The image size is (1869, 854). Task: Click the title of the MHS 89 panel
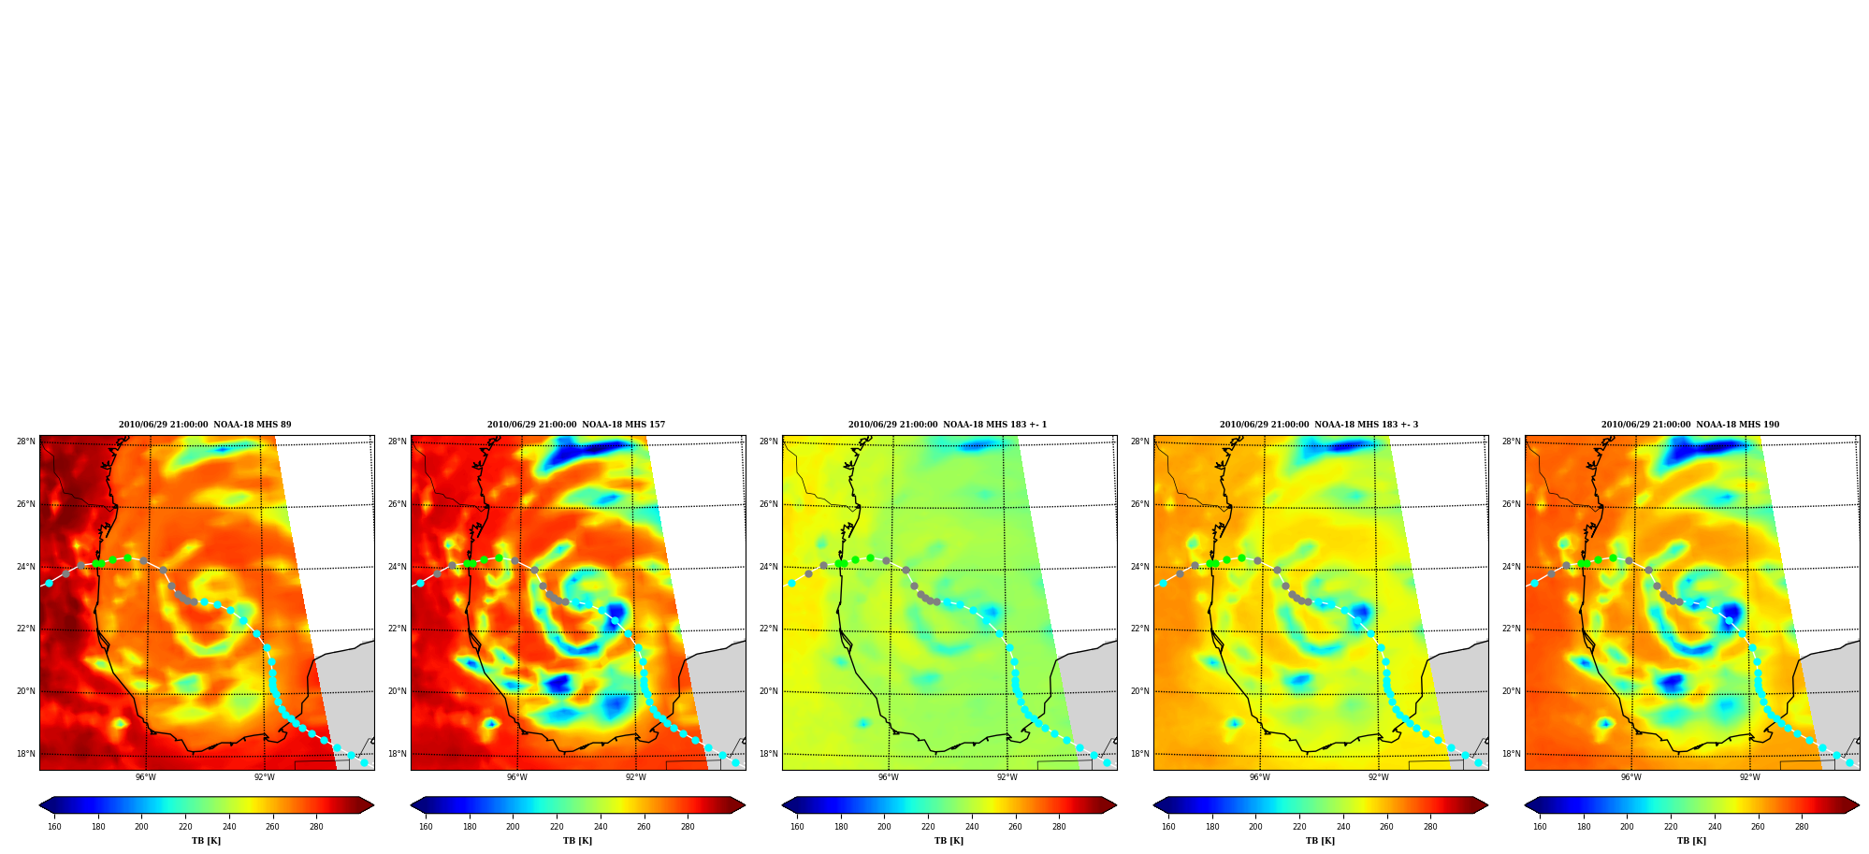pyautogui.click(x=205, y=425)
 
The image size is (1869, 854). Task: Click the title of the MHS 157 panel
pyautogui.click(x=576, y=425)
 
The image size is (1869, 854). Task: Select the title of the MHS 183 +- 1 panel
pyautogui.click(x=948, y=425)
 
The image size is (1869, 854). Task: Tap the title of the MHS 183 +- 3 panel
pyautogui.click(x=1319, y=425)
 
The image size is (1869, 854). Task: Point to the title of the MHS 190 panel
pyautogui.click(x=1690, y=425)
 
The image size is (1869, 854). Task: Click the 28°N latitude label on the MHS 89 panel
pyautogui.click(x=26, y=441)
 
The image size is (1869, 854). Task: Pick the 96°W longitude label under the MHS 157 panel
pyautogui.click(x=517, y=777)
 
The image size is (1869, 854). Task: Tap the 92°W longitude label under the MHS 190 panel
pyautogui.click(x=1750, y=777)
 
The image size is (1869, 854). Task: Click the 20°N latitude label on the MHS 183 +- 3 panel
pyautogui.click(x=1140, y=692)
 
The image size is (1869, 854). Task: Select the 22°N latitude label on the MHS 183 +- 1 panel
pyautogui.click(x=769, y=630)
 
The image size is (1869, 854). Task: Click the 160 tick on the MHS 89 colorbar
pyautogui.click(x=54, y=826)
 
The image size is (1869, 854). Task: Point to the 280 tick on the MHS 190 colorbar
pyautogui.click(x=1802, y=826)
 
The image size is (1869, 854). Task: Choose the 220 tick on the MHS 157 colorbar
pyautogui.click(x=557, y=826)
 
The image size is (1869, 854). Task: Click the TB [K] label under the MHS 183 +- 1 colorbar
pyautogui.click(x=949, y=841)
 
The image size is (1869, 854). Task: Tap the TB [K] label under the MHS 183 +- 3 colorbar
pyautogui.click(x=1320, y=841)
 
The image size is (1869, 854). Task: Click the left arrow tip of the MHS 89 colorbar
pyautogui.click(x=39, y=805)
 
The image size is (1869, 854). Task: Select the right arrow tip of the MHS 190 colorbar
pyautogui.click(x=1859, y=805)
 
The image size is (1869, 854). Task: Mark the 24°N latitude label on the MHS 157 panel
pyautogui.click(x=398, y=567)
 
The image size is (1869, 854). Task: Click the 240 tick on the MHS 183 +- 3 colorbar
pyautogui.click(x=1343, y=826)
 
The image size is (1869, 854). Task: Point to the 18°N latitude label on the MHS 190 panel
pyautogui.click(x=1512, y=754)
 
